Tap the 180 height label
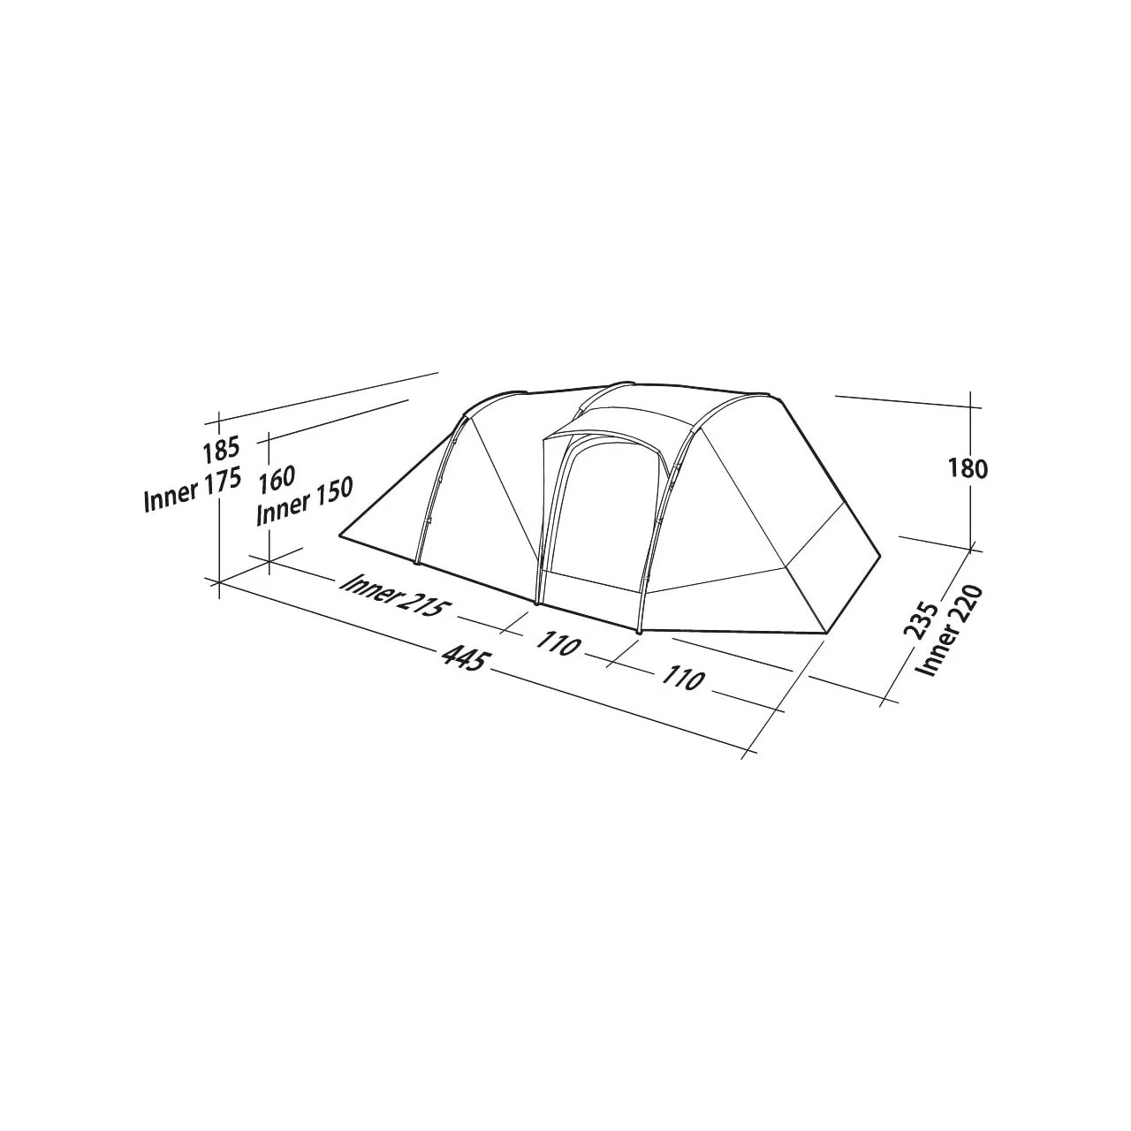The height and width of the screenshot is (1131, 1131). click(x=969, y=468)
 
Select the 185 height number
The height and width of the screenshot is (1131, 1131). click(x=218, y=452)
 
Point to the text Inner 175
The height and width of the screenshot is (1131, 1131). click(x=192, y=491)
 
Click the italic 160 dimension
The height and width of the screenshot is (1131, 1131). click(x=277, y=481)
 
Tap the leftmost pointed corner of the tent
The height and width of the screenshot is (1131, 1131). click(x=341, y=535)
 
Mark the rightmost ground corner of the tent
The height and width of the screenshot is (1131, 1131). click(x=880, y=556)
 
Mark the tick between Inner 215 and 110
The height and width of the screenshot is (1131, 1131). click(x=512, y=627)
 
